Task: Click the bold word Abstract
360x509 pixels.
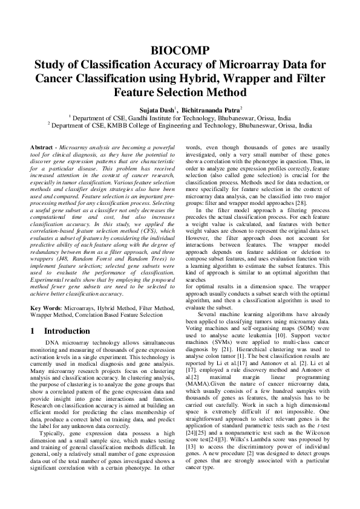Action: tap(42, 148)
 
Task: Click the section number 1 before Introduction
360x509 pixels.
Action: tap(33, 331)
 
